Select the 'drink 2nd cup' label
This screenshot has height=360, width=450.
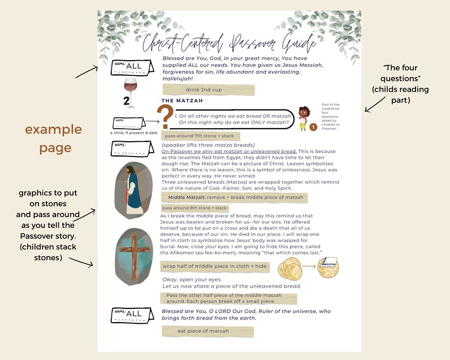coord(208,90)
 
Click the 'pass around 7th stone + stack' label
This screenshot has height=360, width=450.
coord(201,137)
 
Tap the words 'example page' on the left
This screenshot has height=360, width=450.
coord(53,138)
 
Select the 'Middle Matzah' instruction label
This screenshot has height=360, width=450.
coord(235,197)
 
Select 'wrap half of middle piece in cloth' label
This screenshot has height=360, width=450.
coord(215,266)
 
